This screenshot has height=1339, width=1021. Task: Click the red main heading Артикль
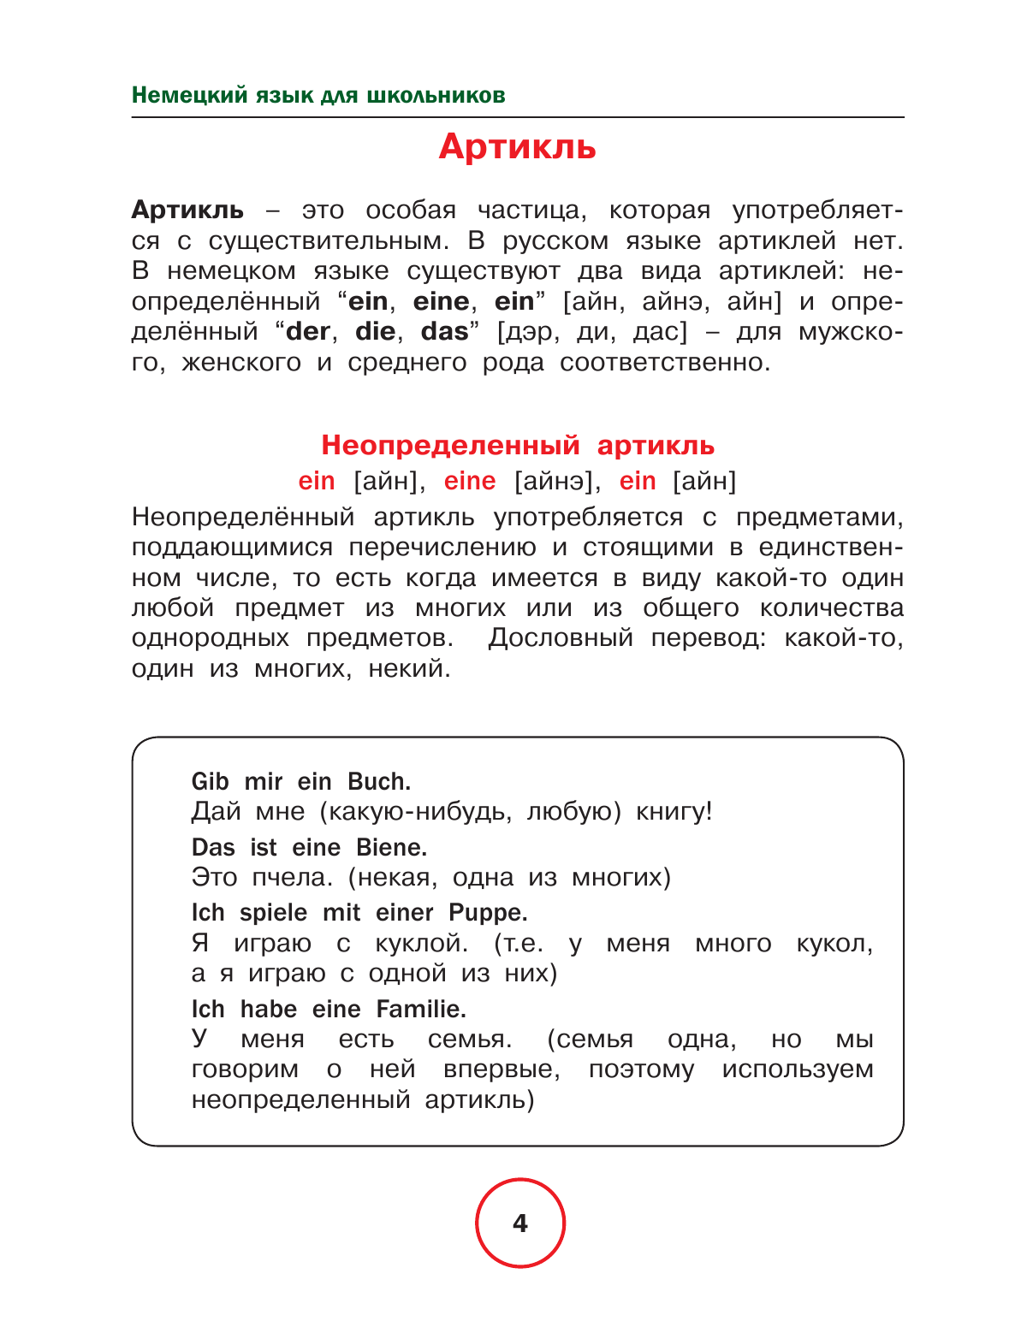pyautogui.click(x=517, y=147)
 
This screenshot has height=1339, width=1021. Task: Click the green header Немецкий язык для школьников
pyautogui.click(x=318, y=95)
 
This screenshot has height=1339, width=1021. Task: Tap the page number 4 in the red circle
pyautogui.click(x=520, y=1223)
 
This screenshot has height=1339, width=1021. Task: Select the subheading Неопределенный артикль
pyautogui.click(x=517, y=445)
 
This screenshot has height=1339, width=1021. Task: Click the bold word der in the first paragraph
pyautogui.click(x=307, y=332)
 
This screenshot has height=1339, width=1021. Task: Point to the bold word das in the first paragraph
pyautogui.click(x=445, y=332)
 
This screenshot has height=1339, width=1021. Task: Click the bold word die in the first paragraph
pyautogui.click(x=375, y=332)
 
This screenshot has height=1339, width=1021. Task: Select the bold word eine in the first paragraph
pyautogui.click(x=441, y=302)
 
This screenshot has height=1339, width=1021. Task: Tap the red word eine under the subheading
pyautogui.click(x=470, y=481)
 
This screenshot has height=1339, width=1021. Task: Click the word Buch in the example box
pyautogui.click(x=378, y=781)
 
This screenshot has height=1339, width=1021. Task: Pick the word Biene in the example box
pyautogui.click(x=391, y=847)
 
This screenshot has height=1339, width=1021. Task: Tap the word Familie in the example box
pyautogui.click(x=421, y=1010)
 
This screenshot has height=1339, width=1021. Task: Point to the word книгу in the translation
pyautogui.click(x=673, y=811)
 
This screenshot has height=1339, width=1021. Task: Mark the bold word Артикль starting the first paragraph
pyautogui.click(x=188, y=210)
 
